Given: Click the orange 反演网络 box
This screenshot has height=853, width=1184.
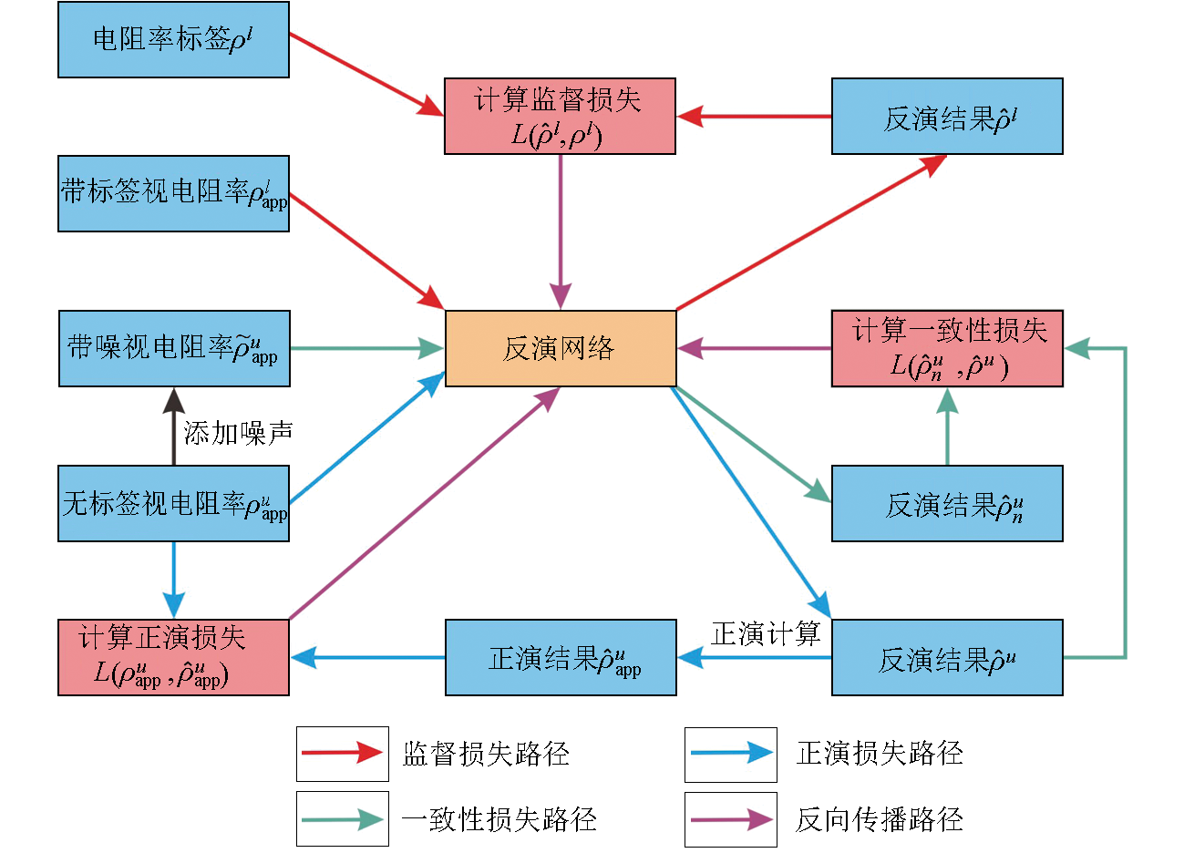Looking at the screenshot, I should pos(561,348).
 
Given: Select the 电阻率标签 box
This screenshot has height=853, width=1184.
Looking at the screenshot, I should pos(173,39).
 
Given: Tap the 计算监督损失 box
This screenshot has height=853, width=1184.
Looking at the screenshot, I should pos(560,116).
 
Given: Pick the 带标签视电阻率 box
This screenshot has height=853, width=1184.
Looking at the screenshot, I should pos(173,193).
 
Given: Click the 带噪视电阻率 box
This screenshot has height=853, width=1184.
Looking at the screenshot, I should pos(174,348).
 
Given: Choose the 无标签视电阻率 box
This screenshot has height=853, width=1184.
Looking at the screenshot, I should pos(173,503).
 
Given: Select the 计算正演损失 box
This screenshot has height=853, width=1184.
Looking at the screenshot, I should pos(173,657).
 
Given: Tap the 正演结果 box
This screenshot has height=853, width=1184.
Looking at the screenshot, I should pos(561,657).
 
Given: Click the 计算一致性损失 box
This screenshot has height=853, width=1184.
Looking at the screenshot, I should pos(947,348).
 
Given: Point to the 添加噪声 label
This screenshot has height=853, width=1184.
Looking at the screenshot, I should pos(238,433).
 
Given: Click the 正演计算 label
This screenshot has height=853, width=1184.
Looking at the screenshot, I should pos(766,633).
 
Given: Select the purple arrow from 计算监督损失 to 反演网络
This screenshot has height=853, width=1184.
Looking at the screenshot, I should pos(561,232).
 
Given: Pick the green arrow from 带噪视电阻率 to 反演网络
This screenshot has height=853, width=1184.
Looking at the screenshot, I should pos(366,348).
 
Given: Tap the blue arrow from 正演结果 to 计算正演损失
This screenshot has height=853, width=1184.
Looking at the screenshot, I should pos(367,657).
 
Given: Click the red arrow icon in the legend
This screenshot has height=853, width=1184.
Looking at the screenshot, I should pos(342,753).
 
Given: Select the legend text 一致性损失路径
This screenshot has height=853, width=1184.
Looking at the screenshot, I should pos(499,818).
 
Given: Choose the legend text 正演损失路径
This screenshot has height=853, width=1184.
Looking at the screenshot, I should pos(880,753).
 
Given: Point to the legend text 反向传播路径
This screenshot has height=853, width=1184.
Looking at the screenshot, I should pos(880,818).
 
